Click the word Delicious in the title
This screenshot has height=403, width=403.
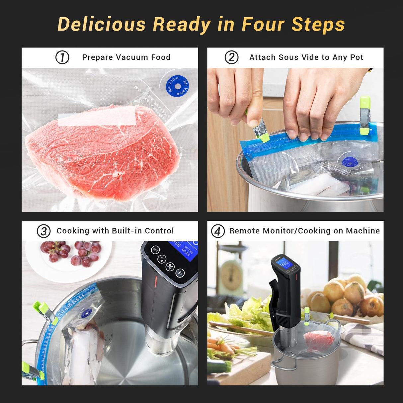pyautogui.click(x=102, y=25)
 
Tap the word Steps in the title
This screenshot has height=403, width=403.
pyautogui.click(x=318, y=25)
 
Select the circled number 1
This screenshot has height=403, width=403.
pyautogui.click(x=62, y=57)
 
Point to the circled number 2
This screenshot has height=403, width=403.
pyautogui.click(x=231, y=57)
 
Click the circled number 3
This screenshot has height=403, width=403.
pyautogui.click(x=43, y=231)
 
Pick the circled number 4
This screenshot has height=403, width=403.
pyautogui.click(x=218, y=231)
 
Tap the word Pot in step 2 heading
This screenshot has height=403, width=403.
pyautogui.click(x=357, y=57)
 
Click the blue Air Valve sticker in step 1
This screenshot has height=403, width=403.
pyautogui.click(x=177, y=86)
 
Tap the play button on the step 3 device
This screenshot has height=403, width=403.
pyautogui.click(x=180, y=273)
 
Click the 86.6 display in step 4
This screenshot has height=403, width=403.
pyautogui.click(x=284, y=264)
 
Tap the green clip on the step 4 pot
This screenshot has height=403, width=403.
pyautogui.click(x=306, y=316)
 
